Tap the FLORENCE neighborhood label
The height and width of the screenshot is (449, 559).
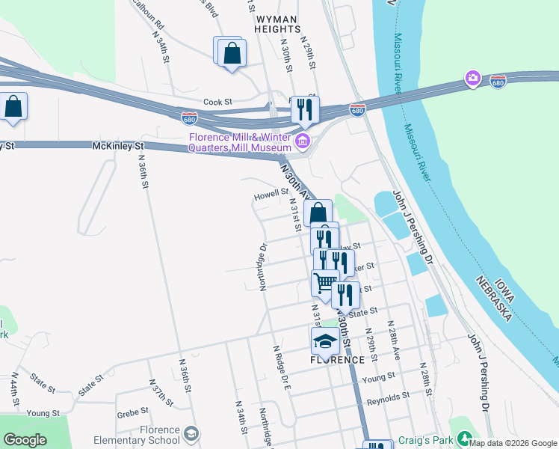(337, 359)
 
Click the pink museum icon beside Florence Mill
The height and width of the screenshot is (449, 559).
(303, 141)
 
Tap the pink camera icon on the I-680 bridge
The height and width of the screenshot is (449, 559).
(472, 78)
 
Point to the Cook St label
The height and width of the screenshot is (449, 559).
(218, 102)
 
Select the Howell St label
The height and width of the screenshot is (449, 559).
(271, 192)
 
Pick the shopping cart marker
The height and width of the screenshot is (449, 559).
(325, 284)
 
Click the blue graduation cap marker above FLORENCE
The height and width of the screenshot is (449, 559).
(325, 340)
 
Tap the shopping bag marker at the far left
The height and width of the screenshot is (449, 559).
(13, 107)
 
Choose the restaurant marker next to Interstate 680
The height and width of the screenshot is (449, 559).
(305, 109)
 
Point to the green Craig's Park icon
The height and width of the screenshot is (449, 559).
(465, 438)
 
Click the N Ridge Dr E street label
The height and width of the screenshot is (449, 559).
(281, 370)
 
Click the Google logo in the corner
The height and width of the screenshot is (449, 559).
(25, 440)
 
